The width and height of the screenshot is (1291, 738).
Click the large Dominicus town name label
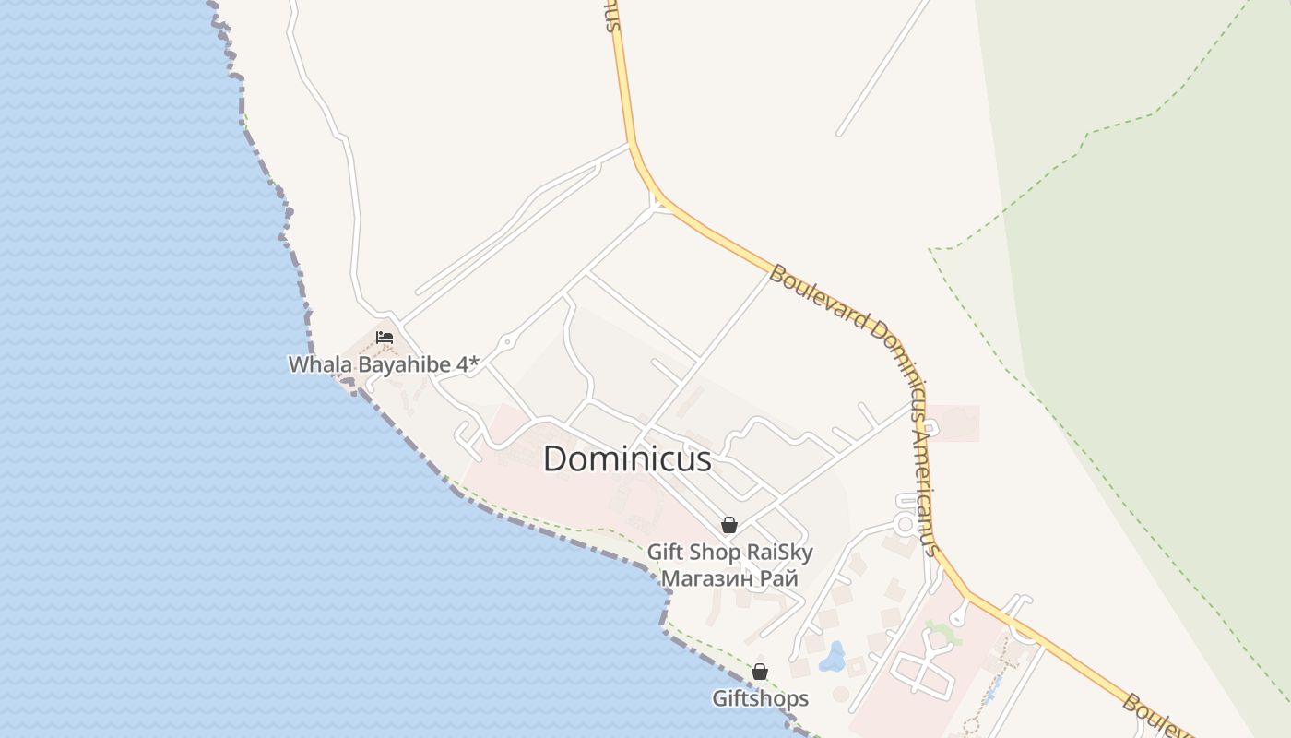tap(627, 458)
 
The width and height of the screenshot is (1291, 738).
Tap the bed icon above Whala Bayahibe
tap(385, 338)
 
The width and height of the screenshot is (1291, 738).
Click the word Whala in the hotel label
tap(320, 364)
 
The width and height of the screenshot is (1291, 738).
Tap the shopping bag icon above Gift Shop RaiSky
tap(729, 525)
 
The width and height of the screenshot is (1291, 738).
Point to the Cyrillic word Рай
tap(780, 578)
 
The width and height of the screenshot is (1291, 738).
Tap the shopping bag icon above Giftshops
tap(760, 672)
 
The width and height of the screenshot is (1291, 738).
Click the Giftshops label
tap(760, 698)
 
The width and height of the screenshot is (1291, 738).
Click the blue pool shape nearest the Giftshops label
tap(834, 657)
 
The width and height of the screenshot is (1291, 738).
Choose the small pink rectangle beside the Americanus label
tap(955, 423)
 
